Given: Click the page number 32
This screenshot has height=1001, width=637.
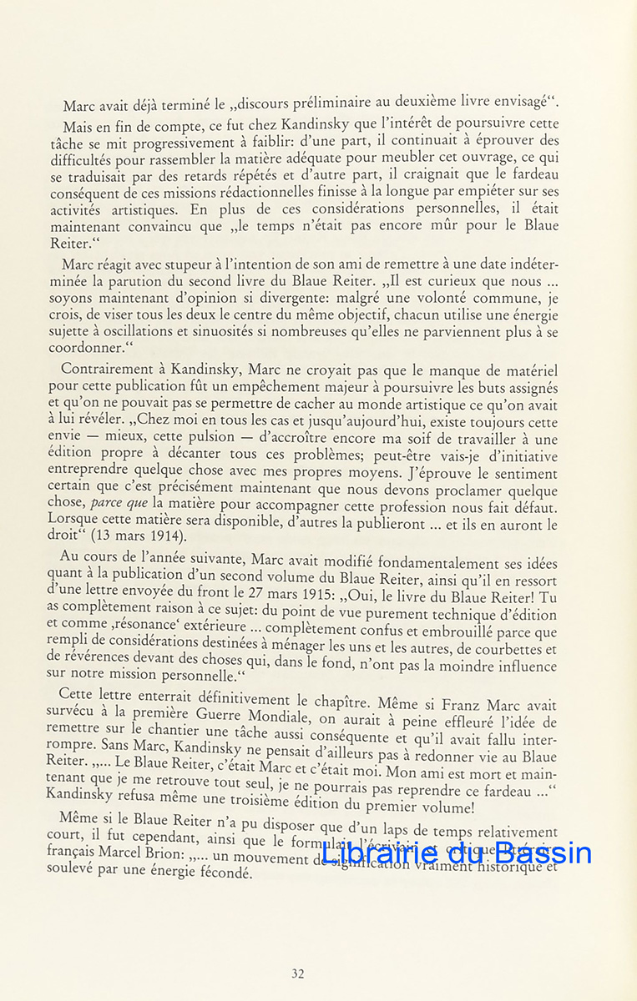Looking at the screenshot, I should tap(298, 973).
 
